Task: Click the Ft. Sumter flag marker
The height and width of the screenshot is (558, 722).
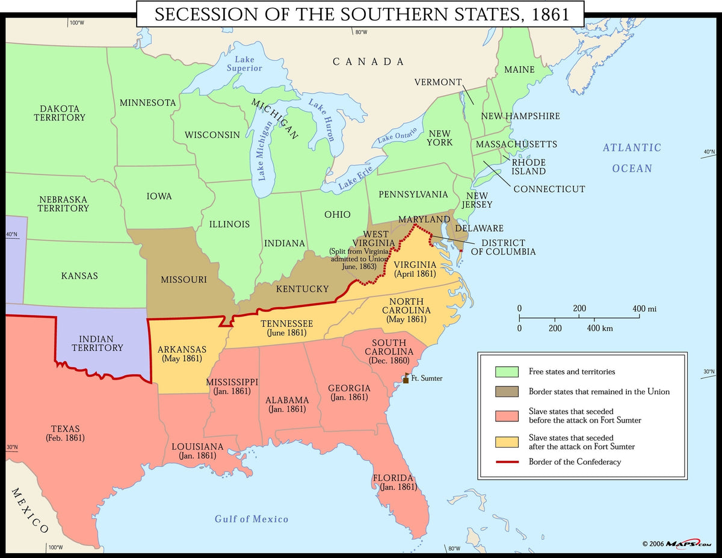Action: tap(406, 378)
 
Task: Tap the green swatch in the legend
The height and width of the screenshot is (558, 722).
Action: tap(506, 371)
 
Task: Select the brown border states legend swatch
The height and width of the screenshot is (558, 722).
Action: tap(506, 392)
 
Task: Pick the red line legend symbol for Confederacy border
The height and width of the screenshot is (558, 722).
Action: tap(506, 462)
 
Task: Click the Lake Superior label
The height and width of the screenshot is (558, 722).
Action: tap(244, 64)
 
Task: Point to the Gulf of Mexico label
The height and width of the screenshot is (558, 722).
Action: tap(251, 519)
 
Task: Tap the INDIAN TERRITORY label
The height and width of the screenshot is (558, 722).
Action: tap(97, 344)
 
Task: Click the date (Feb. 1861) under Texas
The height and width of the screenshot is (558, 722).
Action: tap(65, 438)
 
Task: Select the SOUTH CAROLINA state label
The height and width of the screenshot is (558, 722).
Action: tap(389, 347)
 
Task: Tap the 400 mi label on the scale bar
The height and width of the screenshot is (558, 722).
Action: tap(644, 309)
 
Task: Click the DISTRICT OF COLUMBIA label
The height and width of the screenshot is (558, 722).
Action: tap(503, 247)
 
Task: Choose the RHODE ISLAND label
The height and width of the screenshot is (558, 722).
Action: tap(528, 167)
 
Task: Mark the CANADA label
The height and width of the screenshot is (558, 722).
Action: tap(368, 61)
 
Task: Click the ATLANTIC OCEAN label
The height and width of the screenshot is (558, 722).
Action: tap(632, 158)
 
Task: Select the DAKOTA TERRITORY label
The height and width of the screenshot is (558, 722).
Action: tap(60, 113)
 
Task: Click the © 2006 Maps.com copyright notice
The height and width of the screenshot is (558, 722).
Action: tap(676, 544)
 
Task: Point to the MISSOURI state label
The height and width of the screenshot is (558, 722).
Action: tap(184, 279)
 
